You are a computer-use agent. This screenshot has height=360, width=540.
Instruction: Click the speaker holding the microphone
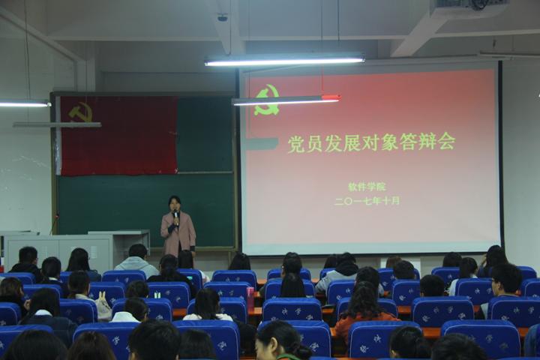[177, 226]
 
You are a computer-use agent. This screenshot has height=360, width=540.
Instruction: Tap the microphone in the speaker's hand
[175, 215]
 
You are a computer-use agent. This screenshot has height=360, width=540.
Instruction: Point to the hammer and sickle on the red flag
[80, 112]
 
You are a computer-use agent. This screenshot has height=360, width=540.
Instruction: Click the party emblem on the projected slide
[266, 100]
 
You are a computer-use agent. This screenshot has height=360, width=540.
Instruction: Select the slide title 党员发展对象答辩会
[370, 142]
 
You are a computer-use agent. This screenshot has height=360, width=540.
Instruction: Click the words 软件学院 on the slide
[367, 187]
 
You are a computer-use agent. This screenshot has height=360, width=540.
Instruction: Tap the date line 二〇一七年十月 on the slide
[367, 201]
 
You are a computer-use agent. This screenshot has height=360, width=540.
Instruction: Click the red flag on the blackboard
[118, 135]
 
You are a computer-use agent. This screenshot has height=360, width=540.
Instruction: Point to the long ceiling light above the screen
[284, 61]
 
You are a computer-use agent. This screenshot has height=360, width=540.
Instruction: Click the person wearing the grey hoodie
[137, 259]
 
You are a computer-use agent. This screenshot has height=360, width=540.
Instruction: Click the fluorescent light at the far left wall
[22, 103]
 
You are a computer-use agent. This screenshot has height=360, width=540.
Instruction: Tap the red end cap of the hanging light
[331, 97]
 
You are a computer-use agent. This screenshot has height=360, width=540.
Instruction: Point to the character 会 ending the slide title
[447, 141]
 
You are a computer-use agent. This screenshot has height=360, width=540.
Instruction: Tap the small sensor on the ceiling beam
[222, 17]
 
